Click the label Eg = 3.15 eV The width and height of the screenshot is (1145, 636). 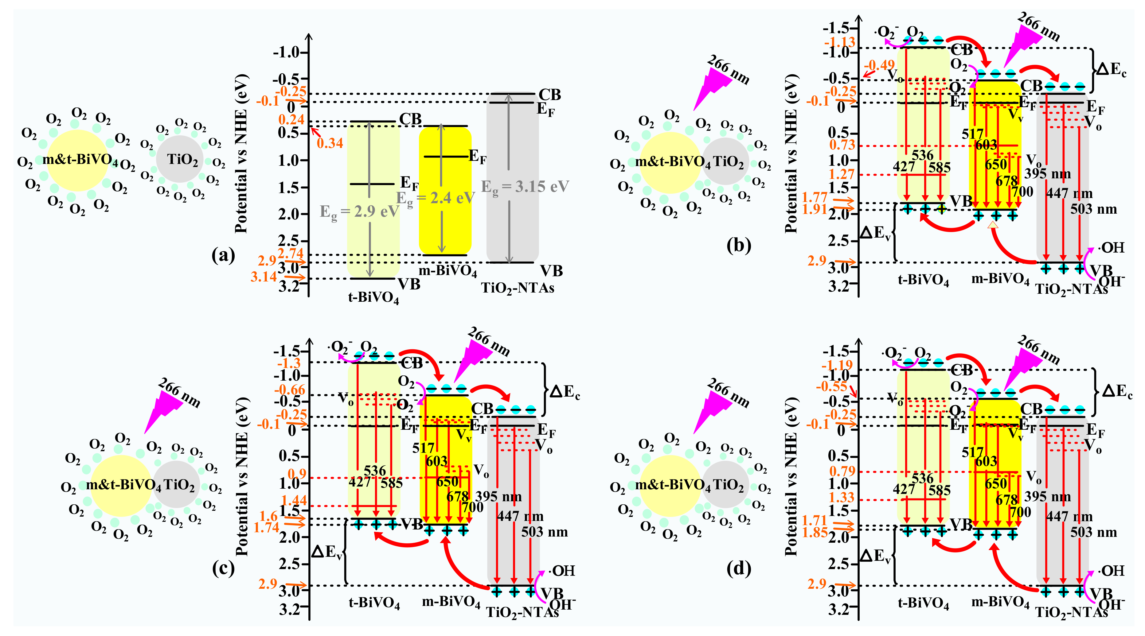525,187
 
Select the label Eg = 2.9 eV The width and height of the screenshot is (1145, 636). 359,212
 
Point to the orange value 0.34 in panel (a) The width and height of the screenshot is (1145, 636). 330,143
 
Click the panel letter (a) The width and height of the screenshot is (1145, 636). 223,255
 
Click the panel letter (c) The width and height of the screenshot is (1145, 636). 223,568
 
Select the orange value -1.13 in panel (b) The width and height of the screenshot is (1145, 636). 839,42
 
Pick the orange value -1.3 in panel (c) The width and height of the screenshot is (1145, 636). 289,363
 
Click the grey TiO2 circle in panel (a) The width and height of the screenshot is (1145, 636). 180,159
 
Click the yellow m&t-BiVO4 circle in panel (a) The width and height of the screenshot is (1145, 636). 78,160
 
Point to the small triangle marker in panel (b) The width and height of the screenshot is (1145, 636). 993,226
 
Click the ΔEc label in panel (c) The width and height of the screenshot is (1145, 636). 565,392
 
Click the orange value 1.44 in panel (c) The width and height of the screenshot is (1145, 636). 294,501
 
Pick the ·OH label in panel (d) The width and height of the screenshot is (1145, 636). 1111,571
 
